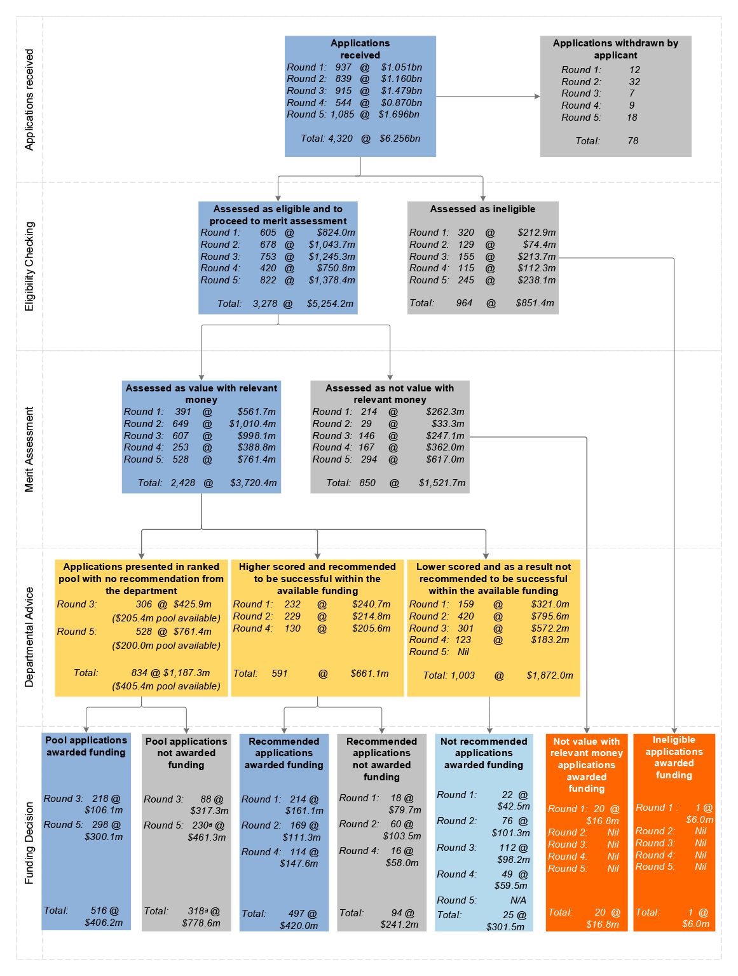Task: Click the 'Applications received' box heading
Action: point(360,49)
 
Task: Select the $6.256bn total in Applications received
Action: point(399,139)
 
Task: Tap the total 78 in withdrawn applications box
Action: point(632,141)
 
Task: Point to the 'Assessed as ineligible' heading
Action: point(482,209)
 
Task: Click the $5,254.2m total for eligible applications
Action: point(330,304)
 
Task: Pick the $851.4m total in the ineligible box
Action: point(535,303)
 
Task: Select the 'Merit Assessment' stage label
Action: point(29,449)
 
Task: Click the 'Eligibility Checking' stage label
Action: point(29,266)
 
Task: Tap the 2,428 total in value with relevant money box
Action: point(183,483)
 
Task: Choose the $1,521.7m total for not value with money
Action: point(442,483)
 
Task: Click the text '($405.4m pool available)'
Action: point(166,686)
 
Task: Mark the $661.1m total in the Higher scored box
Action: point(369,673)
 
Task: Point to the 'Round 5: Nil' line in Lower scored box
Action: point(439,652)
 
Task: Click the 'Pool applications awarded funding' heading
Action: point(86,746)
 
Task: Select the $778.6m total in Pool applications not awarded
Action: point(201,923)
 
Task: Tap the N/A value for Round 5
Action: point(518,900)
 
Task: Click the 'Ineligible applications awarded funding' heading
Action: point(674,757)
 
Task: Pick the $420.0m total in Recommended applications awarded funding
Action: point(299,925)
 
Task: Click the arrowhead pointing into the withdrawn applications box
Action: point(537,96)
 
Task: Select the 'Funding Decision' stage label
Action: point(29,843)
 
